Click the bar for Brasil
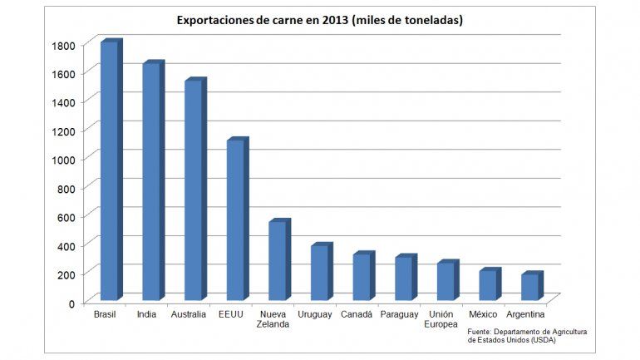[x=109, y=170]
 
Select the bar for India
[x=151, y=181]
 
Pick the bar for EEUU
[x=235, y=219]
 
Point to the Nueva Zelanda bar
[x=277, y=260]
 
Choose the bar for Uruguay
[x=319, y=272]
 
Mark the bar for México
[x=488, y=284]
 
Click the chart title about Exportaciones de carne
[x=319, y=20]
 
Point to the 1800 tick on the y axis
[x=65, y=45]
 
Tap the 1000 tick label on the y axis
[x=65, y=160]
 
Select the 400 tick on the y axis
[x=68, y=245]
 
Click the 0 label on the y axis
[x=74, y=303]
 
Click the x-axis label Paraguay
[x=399, y=315]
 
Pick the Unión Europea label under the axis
[x=441, y=319]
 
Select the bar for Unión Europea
[x=446, y=280]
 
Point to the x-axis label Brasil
[x=105, y=315]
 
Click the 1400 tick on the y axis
[x=65, y=102]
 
